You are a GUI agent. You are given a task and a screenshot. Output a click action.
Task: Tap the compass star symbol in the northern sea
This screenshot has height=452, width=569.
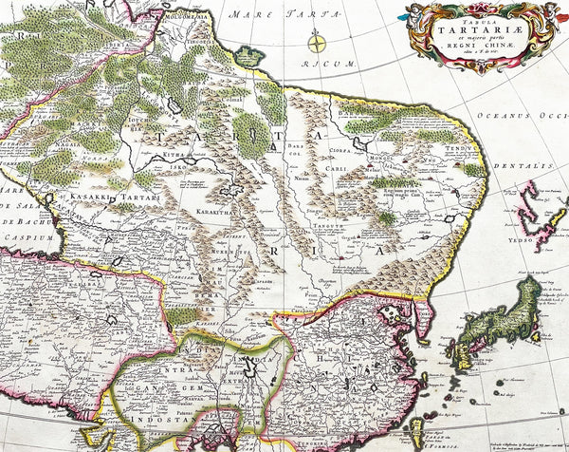pos(318,42)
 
